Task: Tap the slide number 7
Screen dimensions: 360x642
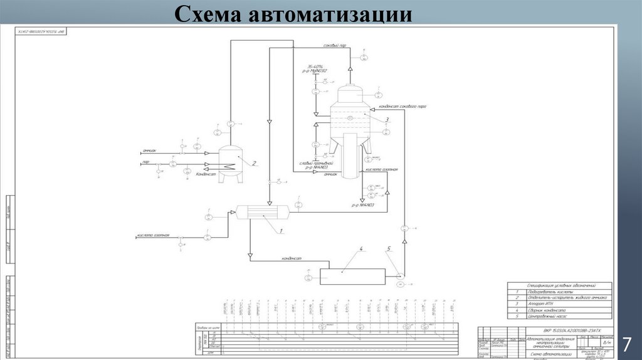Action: pyautogui.click(x=626, y=344)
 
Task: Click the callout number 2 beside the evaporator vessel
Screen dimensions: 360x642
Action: pyautogui.click(x=255, y=164)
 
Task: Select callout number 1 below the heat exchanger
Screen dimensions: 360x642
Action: pyautogui.click(x=282, y=231)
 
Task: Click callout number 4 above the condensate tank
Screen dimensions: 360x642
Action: pyautogui.click(x=361, y=250)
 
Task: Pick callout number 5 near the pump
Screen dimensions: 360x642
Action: pyautogui.click(x=388, y=249)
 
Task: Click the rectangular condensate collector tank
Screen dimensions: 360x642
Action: pyautogui.click(x=351, y=276)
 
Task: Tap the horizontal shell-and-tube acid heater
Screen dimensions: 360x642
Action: pyautogui.click(x=263, y=214)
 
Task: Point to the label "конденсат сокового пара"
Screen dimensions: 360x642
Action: pyautogui.click(x=402, y=107)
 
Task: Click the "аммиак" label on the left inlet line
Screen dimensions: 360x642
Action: pyautogui.click(x=149, y=151)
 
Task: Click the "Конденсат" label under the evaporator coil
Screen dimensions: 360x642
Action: pyautogui.click(x=206, y=174)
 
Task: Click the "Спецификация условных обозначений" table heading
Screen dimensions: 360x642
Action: pyautogui.click(x=560, y=285)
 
